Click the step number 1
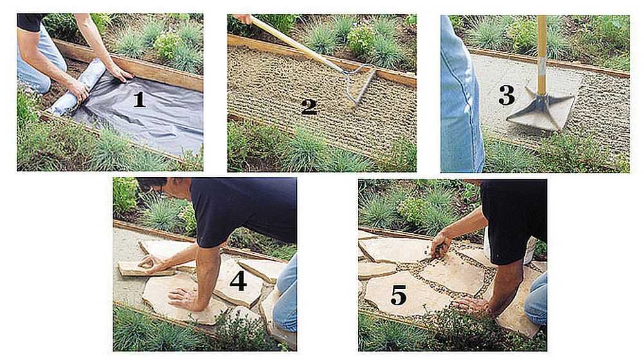click(x=139, y=99)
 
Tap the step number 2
click(x=309, y=107)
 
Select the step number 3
click(x=506, y=95)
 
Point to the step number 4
click(x=238, y=281)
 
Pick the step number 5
click(x=398, y=295)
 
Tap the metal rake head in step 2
click(x=358, y=86)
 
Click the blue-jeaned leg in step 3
click(x=461, y=95)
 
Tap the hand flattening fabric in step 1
click(x=120, y=73)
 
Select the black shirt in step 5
click(x=513, y=220)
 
